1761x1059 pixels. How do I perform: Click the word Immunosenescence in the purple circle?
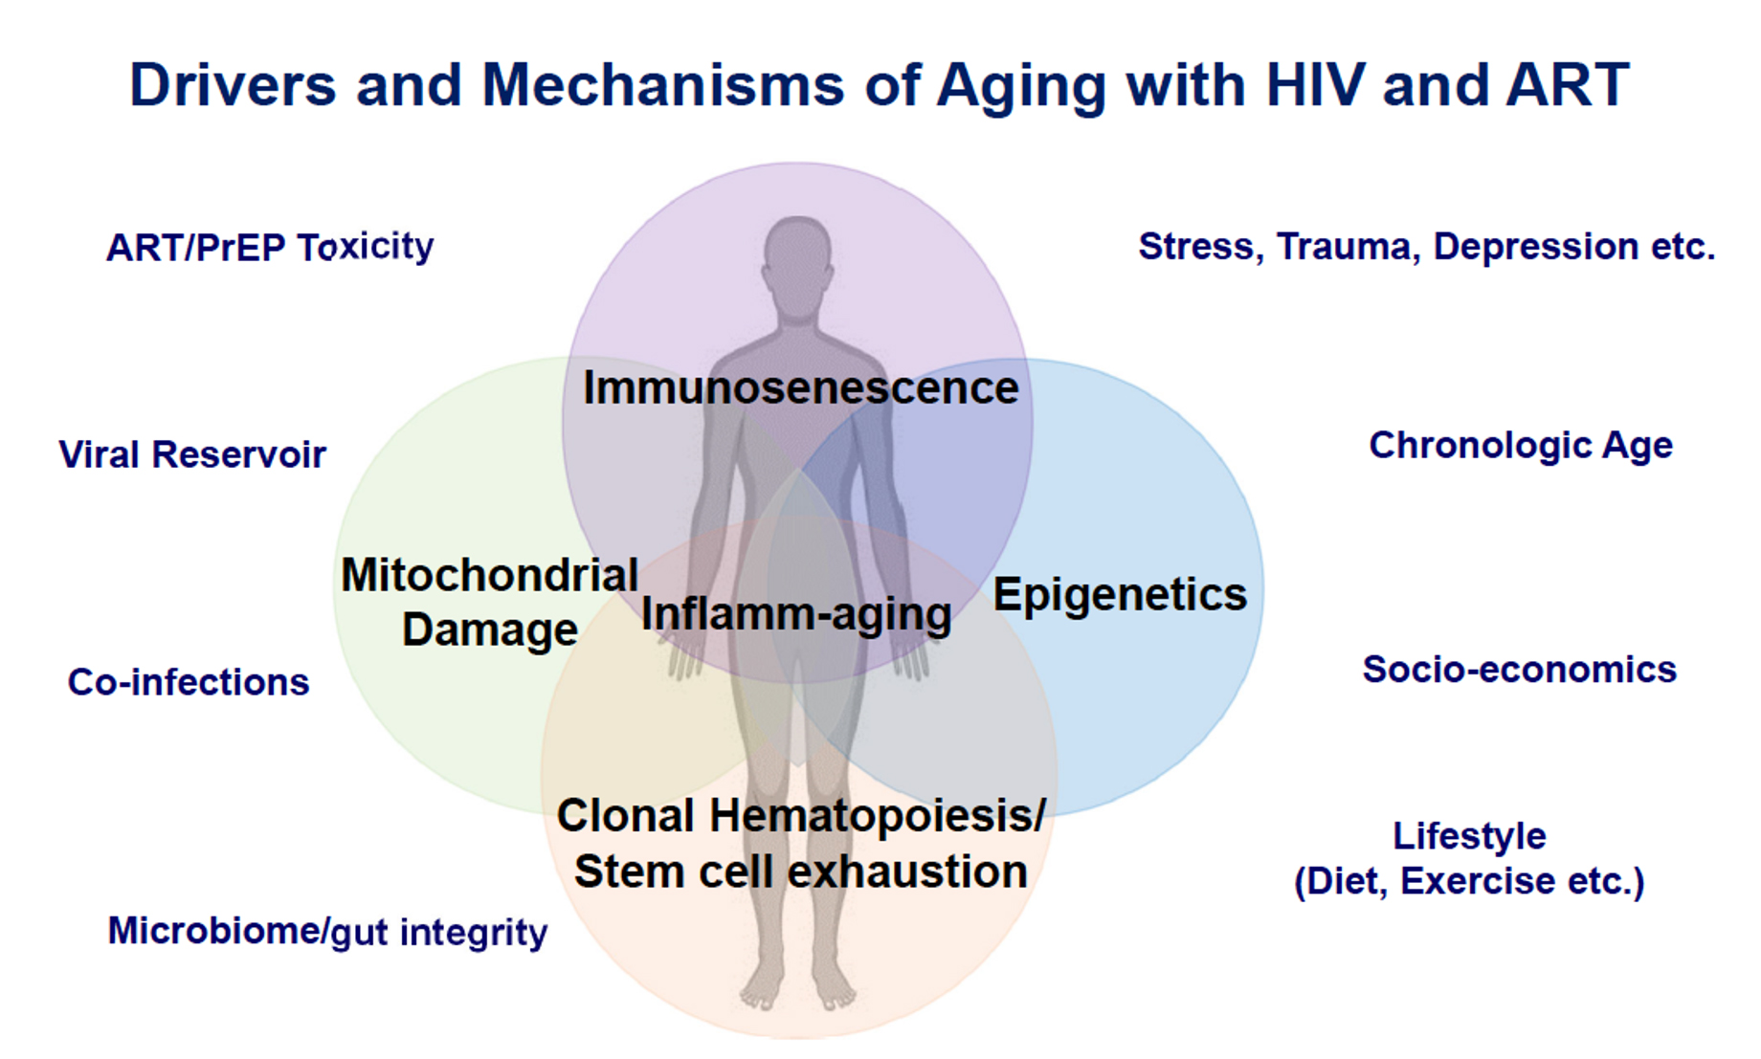800,388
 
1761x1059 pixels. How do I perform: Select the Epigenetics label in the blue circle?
1120,595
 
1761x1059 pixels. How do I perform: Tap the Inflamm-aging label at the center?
796,614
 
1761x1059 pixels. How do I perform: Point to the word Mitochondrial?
489,576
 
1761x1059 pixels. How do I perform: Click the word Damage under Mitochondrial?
489,630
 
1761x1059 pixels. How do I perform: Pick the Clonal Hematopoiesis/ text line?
800,817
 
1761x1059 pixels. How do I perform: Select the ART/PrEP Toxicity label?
270,248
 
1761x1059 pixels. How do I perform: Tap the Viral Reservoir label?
192,454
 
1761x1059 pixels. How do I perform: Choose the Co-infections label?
189,682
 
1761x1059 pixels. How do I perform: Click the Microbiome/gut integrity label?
327,931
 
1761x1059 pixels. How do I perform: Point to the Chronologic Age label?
1520,446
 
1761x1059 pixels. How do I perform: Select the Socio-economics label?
1519,670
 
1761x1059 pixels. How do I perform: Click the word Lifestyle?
1468,836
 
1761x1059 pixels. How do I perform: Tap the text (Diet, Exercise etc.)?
1468,881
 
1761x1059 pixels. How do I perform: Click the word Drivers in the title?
233,86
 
